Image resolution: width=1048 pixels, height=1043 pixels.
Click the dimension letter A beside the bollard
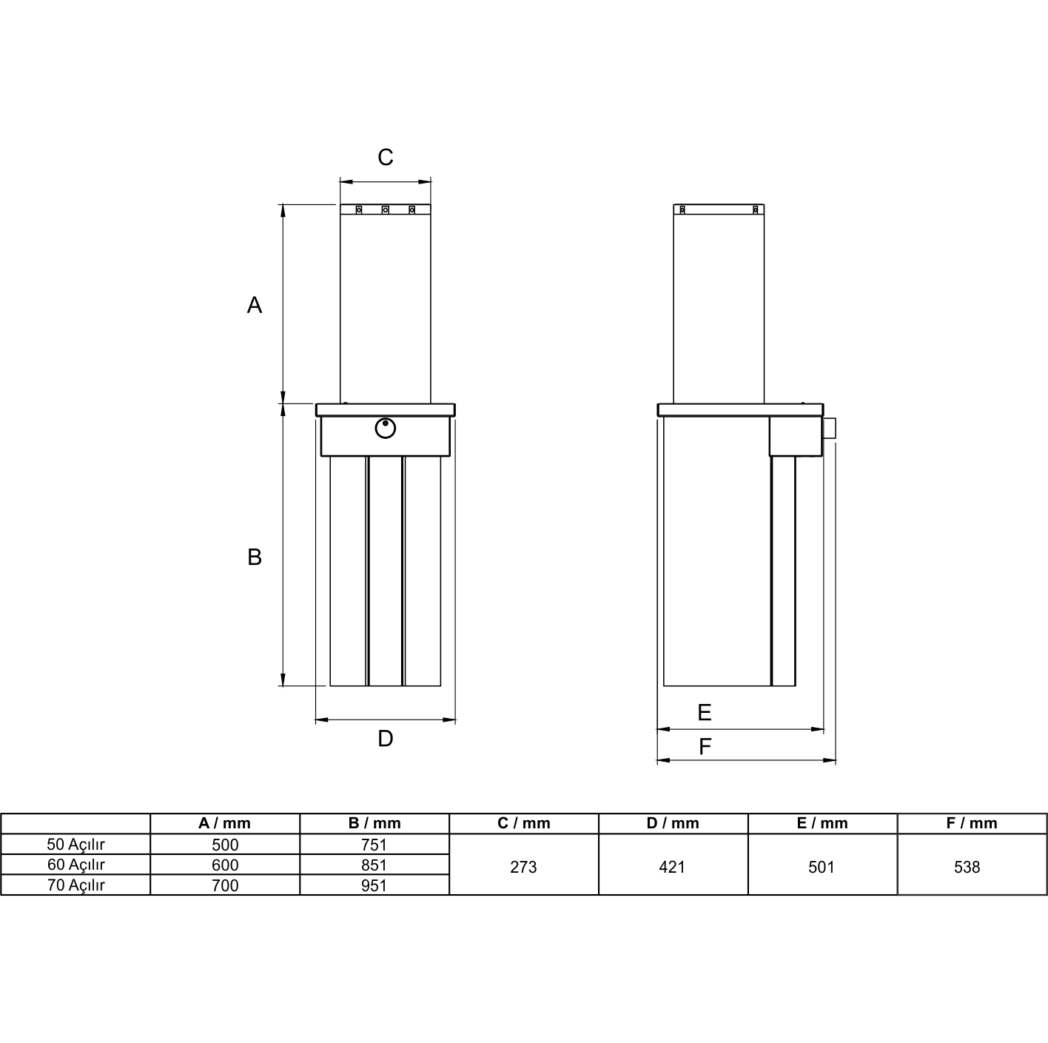(x=255, y=305)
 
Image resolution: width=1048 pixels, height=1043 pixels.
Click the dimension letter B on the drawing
(x=255, y=557)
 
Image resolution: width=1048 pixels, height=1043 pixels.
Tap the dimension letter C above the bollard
(x=385, y=157)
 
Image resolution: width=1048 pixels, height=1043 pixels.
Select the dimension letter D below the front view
(x=385, y=738)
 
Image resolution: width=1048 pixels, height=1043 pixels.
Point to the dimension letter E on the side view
(x=705, y=712)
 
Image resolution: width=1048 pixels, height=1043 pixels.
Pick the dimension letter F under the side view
(x=705, y=746)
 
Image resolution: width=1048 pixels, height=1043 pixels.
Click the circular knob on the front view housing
(x=385, y=429)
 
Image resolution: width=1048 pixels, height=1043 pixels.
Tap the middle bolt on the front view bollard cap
(x=385, y=209)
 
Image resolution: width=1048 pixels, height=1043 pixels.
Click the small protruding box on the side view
(x=829, y=428)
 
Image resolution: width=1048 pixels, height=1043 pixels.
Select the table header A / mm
(x=224, y=823)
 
